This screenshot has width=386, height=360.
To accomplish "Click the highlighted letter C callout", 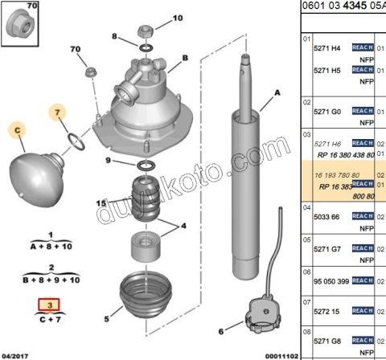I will tap(18, 129).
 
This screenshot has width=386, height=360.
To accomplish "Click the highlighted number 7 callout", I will tap(59, 113).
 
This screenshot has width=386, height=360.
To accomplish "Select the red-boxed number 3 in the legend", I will tap(51, 305).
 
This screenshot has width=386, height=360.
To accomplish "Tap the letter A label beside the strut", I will tap(278, 94).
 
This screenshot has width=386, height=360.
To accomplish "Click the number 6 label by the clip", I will tap(221, 330).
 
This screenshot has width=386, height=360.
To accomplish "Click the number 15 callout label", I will tap(101, 203).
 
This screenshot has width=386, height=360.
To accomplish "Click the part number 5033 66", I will tap(326, 216).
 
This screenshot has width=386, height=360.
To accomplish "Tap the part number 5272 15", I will tap(326, 309).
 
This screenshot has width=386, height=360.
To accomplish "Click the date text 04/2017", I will tap(17, 354).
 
